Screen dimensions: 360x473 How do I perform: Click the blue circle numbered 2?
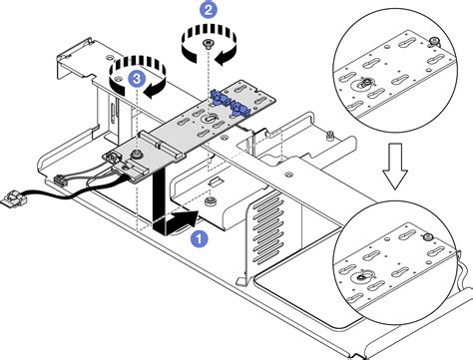pos(208,9)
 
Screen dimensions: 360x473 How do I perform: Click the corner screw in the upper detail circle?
pos(436,44)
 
